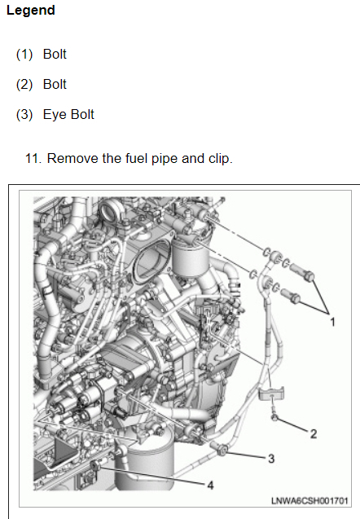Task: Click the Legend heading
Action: click(31, 11)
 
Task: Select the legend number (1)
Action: click(24, 55)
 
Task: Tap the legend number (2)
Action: click(24, 85)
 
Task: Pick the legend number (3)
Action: click(24, 115)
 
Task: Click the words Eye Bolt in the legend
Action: click(68, 115)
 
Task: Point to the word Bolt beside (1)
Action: click(55, 55)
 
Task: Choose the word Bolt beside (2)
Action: click(55, 85)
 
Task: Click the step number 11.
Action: click(33, 159)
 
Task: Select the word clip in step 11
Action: click(221, 159)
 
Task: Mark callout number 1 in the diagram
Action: click(332, 322)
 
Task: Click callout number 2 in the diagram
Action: click(314, 434)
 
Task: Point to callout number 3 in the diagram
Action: click(271, 459)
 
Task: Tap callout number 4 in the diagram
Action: click(210, 486)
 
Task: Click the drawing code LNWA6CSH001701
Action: click(310, 501)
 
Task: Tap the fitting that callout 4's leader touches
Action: click(95, 466)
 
